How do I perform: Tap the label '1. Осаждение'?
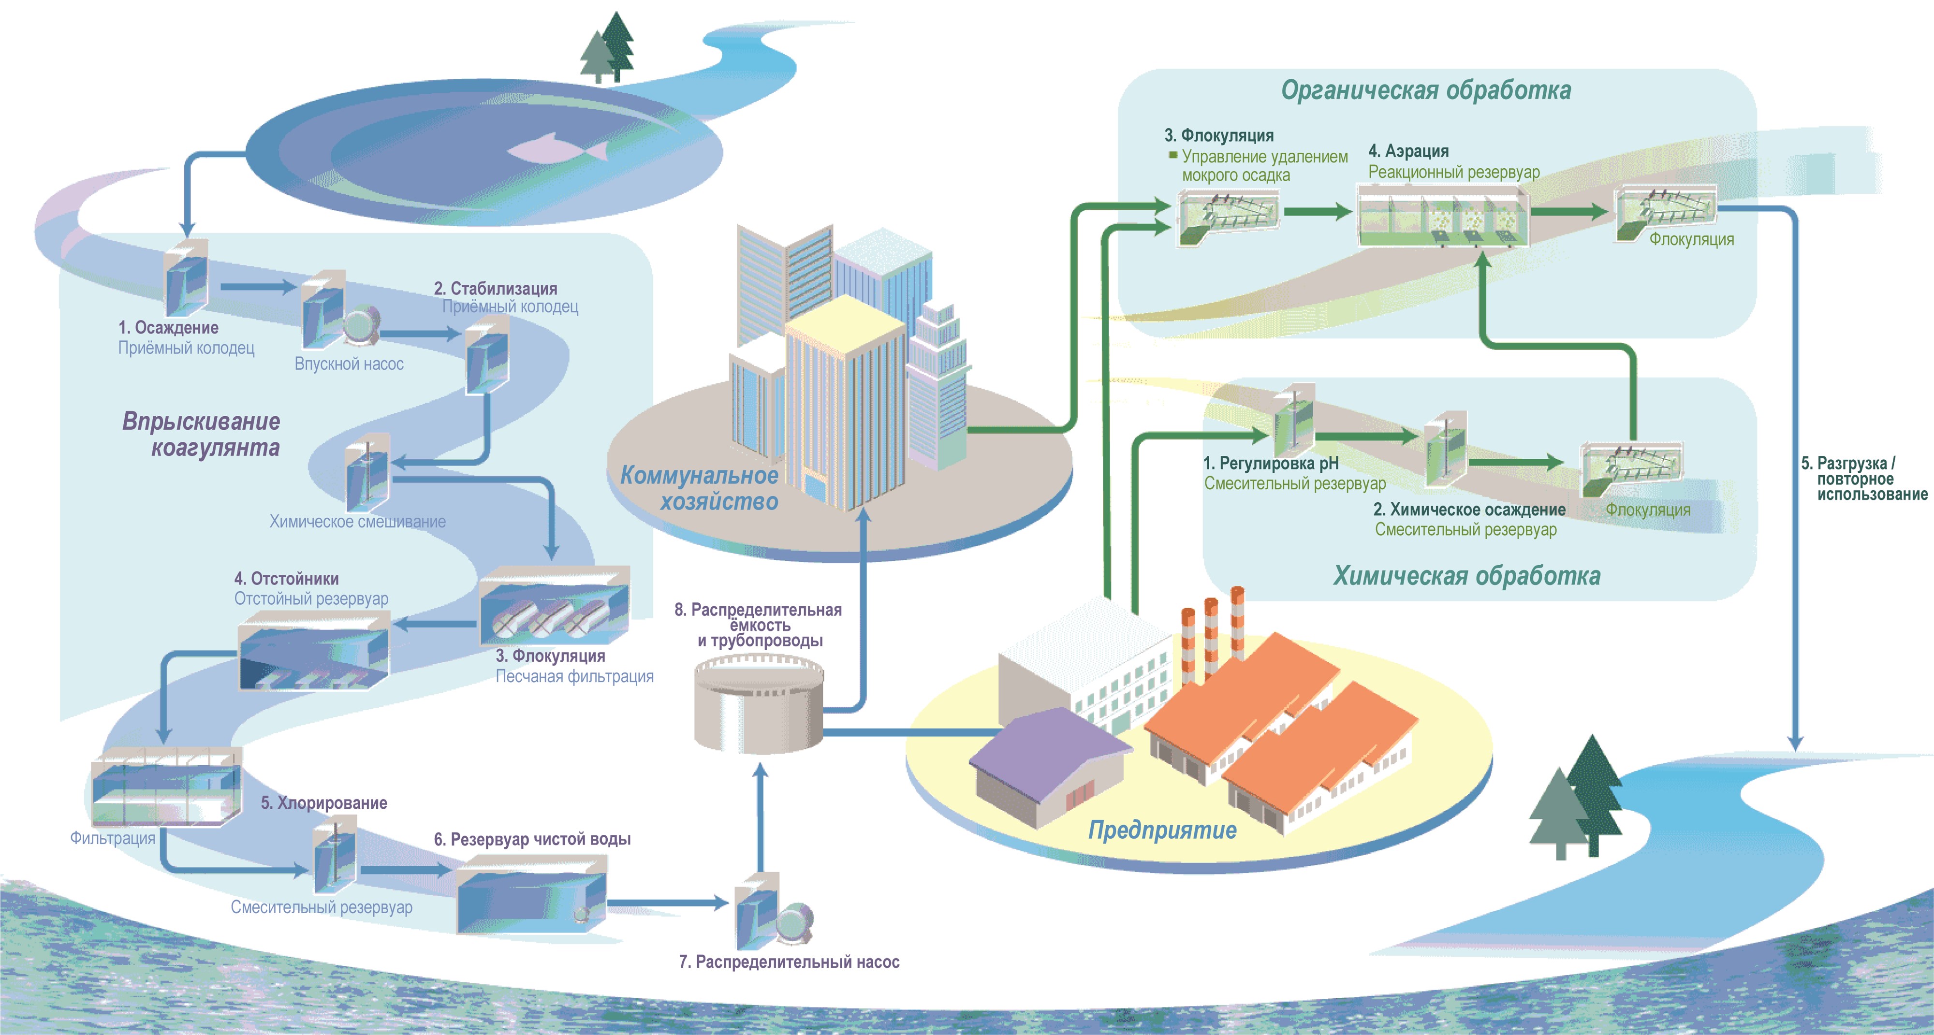[168, 328]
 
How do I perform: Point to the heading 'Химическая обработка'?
[1466, 576]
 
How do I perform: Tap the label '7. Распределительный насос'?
[788, 962]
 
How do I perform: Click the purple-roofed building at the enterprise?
[1047, 766]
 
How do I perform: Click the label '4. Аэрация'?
[1407, 151]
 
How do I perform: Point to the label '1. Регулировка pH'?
[1270, 463]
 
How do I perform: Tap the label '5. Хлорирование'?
[323, 803]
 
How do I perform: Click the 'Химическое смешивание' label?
[357, 522]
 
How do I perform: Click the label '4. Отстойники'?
[286, 579]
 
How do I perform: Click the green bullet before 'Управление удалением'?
[1172, 155]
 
